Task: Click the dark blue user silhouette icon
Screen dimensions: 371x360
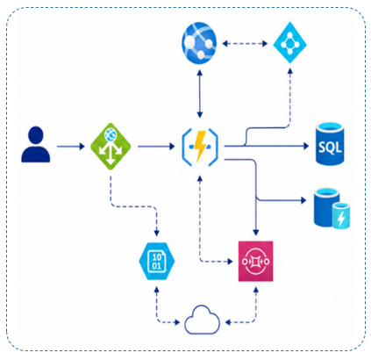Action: click(36, 144)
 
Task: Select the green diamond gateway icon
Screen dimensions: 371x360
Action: click(111, 147)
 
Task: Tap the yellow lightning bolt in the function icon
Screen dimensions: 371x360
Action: click(200, 147)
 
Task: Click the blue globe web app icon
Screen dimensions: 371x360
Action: click(199, 43)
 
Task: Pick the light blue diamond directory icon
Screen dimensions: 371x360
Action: click(289, 43)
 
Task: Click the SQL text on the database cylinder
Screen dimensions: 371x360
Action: click(330, 147)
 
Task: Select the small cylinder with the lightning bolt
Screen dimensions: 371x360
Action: click(341, 215)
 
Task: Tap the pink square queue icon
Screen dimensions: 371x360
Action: click(256, 261)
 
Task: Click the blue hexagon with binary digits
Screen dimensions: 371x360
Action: click(157, 261)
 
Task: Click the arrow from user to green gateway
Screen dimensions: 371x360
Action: click(71, 147)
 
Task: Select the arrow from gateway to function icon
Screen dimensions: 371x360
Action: click(156, 147)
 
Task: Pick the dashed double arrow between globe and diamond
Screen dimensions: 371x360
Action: click(245, 44)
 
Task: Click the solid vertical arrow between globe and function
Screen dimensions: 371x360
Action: click(200, 94)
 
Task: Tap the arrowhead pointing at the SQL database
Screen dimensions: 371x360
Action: click(306, 146)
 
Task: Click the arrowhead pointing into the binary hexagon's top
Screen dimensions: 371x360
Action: click(157, 233)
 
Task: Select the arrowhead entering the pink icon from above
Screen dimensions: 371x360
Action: click(256, 233)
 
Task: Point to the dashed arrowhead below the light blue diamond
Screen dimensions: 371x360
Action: click(289, 72)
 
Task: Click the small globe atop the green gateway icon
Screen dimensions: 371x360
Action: click(111, 134)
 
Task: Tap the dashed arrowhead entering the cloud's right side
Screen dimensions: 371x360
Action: click(229, 322)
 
